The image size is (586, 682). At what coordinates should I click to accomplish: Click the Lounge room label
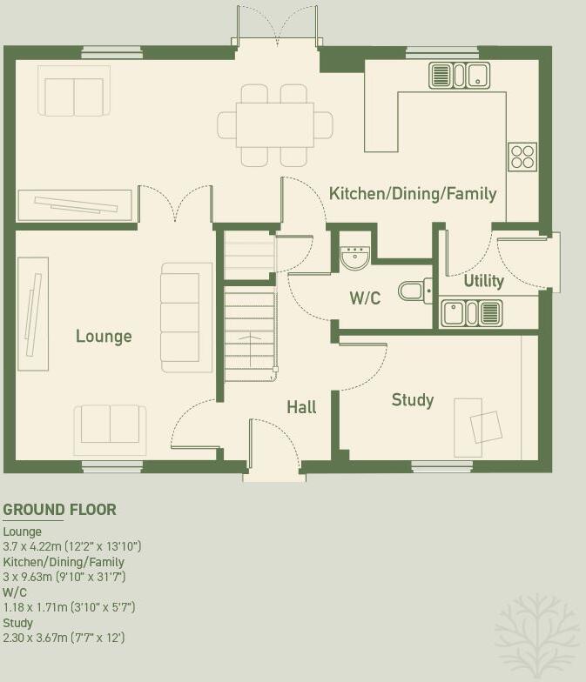tap(104, 337)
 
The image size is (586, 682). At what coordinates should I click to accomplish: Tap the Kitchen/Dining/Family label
tap(413, 193)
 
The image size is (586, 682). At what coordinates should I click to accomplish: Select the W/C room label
tap(365, 298)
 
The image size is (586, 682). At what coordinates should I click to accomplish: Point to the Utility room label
tap(483, 281)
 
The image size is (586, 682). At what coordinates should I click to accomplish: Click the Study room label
tap(412, 400)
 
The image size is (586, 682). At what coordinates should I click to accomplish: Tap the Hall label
tap(301, 407)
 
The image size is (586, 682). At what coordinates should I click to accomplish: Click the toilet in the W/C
tap(414, 290)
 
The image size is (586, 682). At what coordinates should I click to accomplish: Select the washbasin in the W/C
tap(355, 256)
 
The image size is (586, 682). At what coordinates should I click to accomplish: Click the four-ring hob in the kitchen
tap(522, 157)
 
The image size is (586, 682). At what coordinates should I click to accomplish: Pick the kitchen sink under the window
tap(459, 76)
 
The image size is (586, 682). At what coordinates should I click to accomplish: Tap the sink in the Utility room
tap(471, 312)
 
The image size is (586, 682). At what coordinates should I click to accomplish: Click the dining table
tap(274, 124)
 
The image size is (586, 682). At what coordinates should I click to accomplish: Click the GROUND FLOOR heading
tap(60, 510)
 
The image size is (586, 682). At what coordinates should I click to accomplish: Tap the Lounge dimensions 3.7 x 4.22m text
tap(72, 546)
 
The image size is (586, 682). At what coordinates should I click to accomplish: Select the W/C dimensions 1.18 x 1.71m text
tap(70, 607)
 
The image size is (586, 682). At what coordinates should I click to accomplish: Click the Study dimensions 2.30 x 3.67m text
tap(64, 638)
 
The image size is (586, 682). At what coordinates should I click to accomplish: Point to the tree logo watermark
tap(535, 632)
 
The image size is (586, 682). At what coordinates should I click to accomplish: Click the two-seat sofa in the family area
tap(74, 91)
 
